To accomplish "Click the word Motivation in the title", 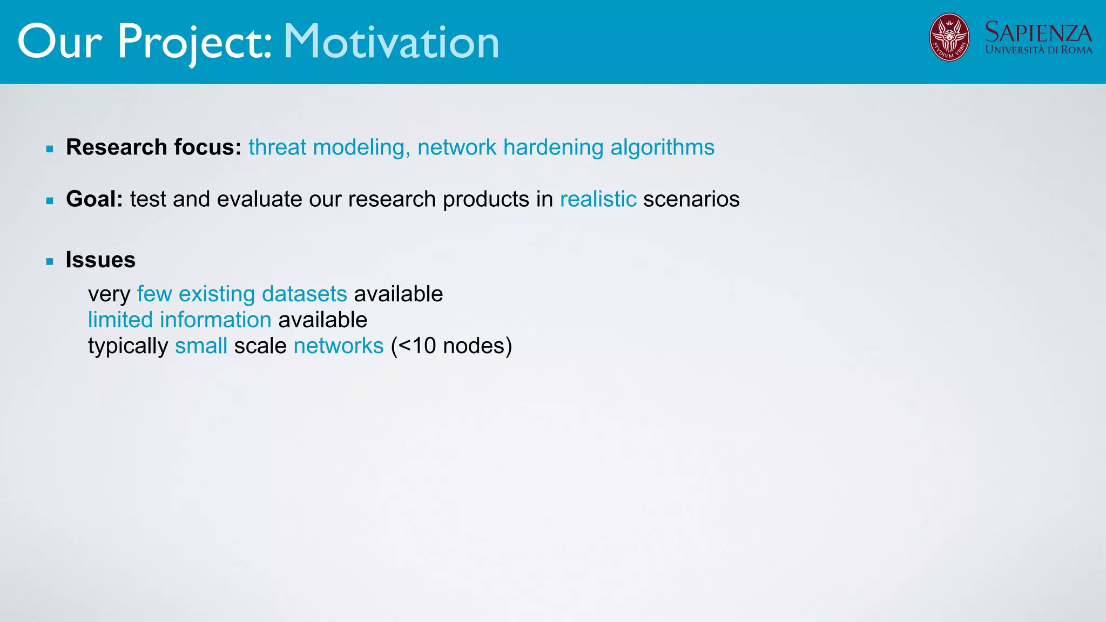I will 391,42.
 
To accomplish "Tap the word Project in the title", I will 194,42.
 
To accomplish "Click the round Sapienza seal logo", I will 949,37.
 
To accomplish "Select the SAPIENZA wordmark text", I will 1038,32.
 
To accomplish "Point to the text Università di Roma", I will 1038,50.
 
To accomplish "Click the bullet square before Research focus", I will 50,149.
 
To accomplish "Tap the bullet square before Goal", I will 50,201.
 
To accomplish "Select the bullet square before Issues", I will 50,262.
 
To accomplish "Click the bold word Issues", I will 100,260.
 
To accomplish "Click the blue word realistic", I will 598,199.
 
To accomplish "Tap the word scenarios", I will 691,199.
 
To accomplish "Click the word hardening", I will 553,147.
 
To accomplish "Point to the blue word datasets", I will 304,294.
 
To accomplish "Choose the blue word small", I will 201,346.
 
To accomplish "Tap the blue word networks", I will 339,346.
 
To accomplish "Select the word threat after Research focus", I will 277,147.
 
